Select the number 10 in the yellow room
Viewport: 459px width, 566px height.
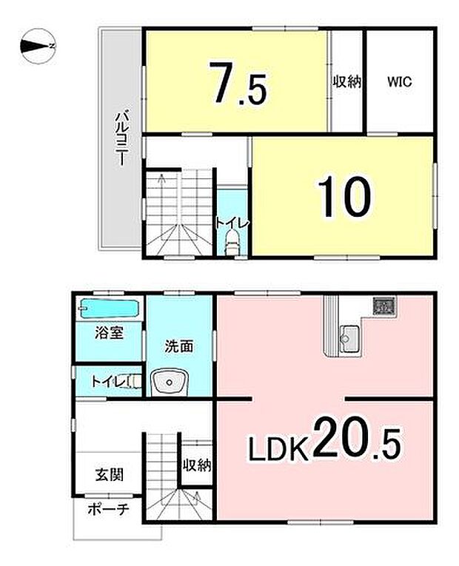344,195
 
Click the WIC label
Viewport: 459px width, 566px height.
398,82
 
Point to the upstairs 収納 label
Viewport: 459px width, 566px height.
346,82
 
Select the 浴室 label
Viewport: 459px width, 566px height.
108,334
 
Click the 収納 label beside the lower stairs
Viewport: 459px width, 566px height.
198,465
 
